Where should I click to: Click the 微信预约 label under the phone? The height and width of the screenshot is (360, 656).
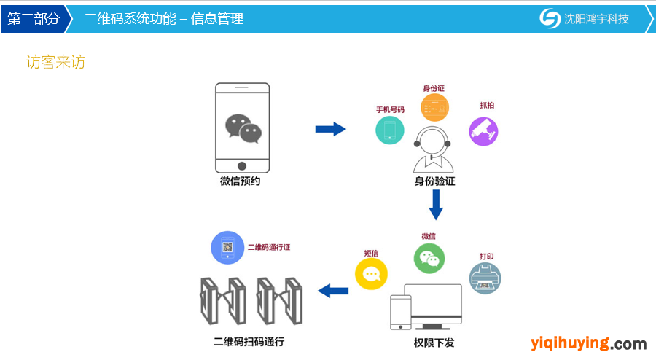pos(240,181)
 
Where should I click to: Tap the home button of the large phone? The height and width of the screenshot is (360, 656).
pos(242,166)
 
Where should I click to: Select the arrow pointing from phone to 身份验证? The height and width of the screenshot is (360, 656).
pos(330,129)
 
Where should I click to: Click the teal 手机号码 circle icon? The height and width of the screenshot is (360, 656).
pos(390,130)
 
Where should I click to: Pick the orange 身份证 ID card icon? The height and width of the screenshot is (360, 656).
pos(434,107)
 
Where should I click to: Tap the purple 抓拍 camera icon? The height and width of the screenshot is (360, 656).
pos(484,132)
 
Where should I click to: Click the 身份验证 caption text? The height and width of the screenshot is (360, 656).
pos(434,181)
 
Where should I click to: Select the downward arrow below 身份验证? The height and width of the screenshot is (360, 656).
pos(436,205)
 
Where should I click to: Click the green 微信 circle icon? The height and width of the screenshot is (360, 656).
pos(429,259)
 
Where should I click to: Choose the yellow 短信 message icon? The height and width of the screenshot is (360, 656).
pos(371,274)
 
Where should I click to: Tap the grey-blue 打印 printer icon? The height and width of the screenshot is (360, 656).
pos(485,278)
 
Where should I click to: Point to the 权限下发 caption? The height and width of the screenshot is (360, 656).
pos(434,343)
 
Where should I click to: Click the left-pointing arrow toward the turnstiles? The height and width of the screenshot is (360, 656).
pos(333,291)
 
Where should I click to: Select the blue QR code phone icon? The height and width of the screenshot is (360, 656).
pos(227,248)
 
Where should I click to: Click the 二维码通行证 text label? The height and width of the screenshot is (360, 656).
pos(269,248)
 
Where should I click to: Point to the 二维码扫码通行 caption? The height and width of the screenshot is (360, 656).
pos(249,342)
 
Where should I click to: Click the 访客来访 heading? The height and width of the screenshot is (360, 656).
pos(55,62)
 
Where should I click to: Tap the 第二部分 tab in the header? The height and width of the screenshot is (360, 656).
pos(34,19)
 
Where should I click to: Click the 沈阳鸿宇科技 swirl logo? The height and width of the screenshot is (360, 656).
pos(550,18)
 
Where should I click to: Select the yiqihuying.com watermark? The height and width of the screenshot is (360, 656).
pos(589,343)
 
